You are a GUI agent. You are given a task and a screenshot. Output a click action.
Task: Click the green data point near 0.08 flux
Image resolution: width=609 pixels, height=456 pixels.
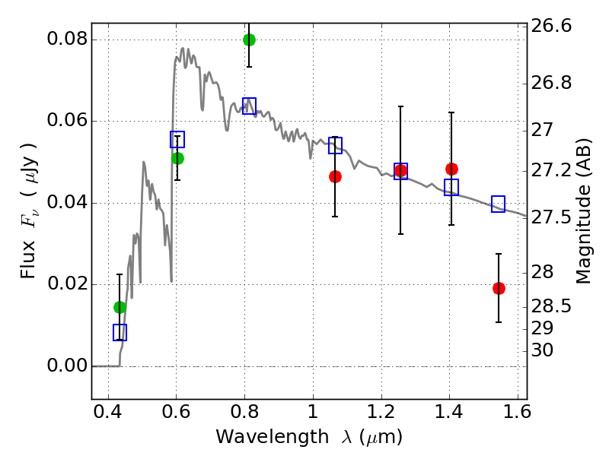point(249,40)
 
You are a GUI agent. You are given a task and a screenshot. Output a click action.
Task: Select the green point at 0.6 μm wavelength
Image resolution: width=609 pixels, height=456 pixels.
point(177,158)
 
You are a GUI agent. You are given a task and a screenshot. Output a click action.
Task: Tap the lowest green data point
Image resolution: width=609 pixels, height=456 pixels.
point(120,307)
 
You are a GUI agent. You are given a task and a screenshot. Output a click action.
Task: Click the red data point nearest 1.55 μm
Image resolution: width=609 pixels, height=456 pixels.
point(499,288)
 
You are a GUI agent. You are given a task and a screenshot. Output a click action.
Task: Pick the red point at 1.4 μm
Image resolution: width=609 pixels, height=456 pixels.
point(451,169)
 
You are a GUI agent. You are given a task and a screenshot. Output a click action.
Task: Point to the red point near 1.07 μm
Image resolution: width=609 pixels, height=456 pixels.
point(335,176)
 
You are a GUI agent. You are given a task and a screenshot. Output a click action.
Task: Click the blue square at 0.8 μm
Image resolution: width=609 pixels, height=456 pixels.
point(249,106)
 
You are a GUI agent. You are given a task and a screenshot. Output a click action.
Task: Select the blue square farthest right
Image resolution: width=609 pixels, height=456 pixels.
point(499,204)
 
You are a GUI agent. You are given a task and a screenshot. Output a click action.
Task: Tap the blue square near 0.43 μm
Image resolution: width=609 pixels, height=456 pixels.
point(120,332)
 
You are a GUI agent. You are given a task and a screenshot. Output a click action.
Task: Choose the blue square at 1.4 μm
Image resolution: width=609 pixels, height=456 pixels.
point(451,187)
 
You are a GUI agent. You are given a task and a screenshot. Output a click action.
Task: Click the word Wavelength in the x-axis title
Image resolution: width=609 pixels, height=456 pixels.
point(259,437)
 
